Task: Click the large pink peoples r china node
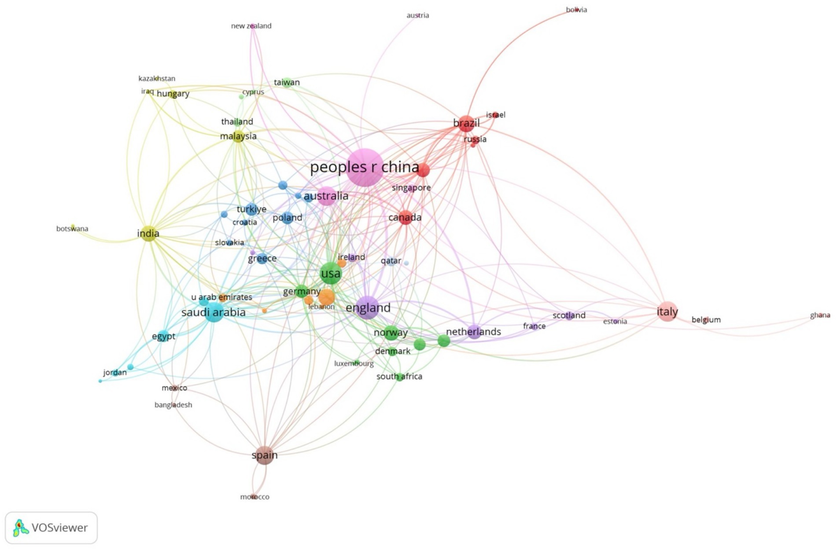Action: (x=365, y=168)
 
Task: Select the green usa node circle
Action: (x=331, y=274)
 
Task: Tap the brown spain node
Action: (x=265, y=455)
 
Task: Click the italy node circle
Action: (x=667, y=312)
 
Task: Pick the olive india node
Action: (x=148, y=234)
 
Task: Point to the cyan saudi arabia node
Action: (x=214, y=312)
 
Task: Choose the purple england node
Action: (x=368, y=308)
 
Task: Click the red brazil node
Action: (x=466, y=123)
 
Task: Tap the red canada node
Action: (x=406, y=217)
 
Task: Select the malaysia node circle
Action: (x=238, y=136)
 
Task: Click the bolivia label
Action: (x=576, y=10)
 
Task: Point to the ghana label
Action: (x=820, y=315)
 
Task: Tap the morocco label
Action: (x=254, y=497)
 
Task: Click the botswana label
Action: (x=72, y=228)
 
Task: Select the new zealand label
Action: (x=251, y=26)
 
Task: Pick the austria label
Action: (x=417, y=15)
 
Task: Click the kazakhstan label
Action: (x=157, y=78)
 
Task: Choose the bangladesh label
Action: (x=173, y=405)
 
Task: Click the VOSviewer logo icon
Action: (x=20, y=528)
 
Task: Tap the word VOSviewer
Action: (x=59, y=528)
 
